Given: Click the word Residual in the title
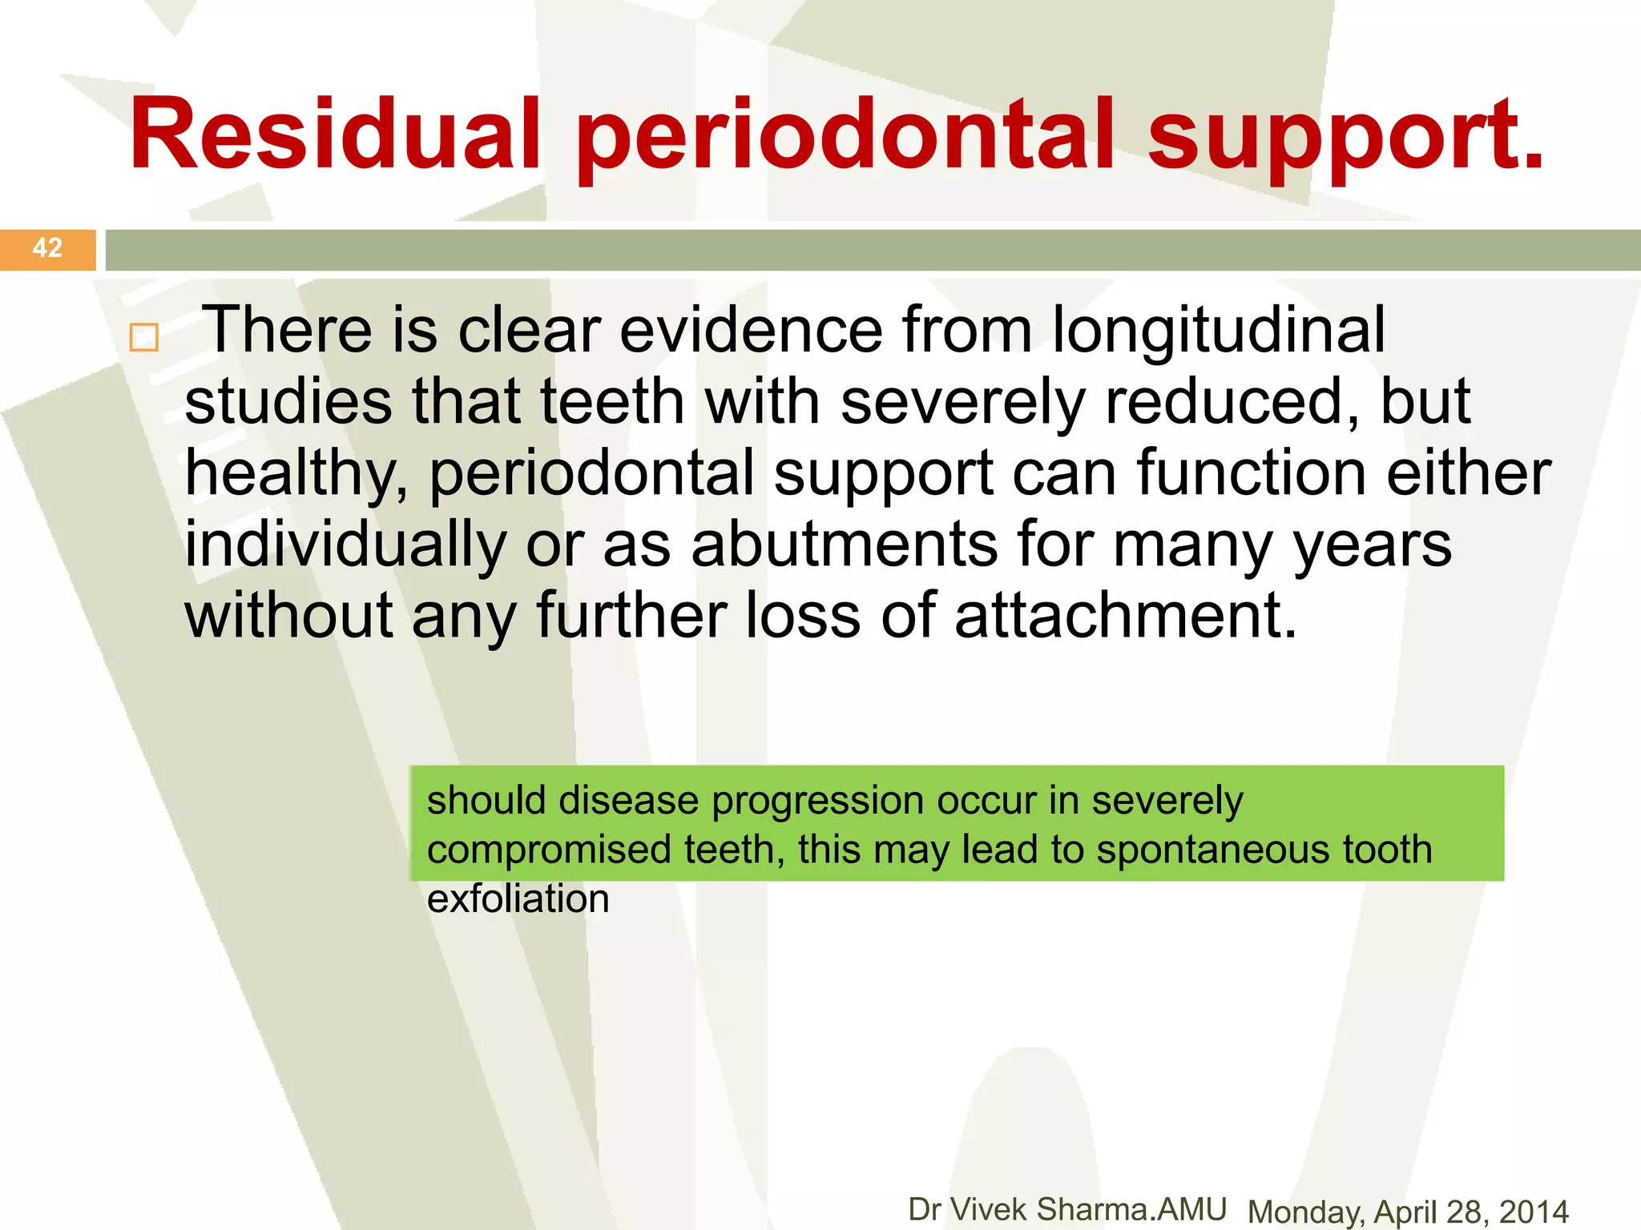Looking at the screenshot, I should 335,135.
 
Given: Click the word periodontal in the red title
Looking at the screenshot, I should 845,136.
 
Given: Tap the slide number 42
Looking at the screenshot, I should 47,248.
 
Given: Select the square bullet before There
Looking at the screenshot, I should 144,337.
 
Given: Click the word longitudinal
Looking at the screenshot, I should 1218,330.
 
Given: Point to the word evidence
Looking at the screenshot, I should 752,330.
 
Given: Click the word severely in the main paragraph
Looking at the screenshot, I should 962,403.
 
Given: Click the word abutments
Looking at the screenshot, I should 845,545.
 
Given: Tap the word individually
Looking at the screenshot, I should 345,545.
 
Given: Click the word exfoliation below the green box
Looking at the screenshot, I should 518,899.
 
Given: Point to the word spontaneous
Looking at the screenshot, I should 1213,850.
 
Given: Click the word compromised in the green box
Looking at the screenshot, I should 549,850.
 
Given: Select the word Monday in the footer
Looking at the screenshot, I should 1304,1212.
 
